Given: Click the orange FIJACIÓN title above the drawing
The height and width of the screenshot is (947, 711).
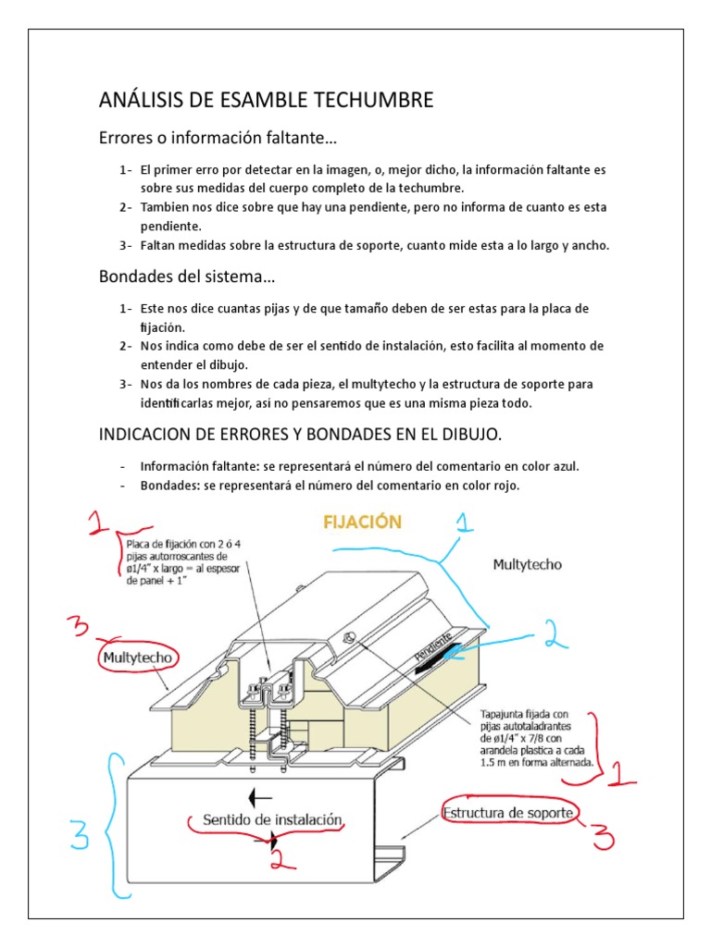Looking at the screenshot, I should coord(361,523).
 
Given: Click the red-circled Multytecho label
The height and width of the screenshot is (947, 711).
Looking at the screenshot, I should coord(137,658).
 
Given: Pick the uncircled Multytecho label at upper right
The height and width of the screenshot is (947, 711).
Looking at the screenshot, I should coord(527,563).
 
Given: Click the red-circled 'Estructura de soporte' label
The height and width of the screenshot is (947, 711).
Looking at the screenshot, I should coord(510,812).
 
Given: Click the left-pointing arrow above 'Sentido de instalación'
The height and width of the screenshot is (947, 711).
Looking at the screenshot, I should coord(260,795).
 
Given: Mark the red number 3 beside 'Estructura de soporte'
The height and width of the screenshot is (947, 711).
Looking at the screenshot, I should coord(604,836).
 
